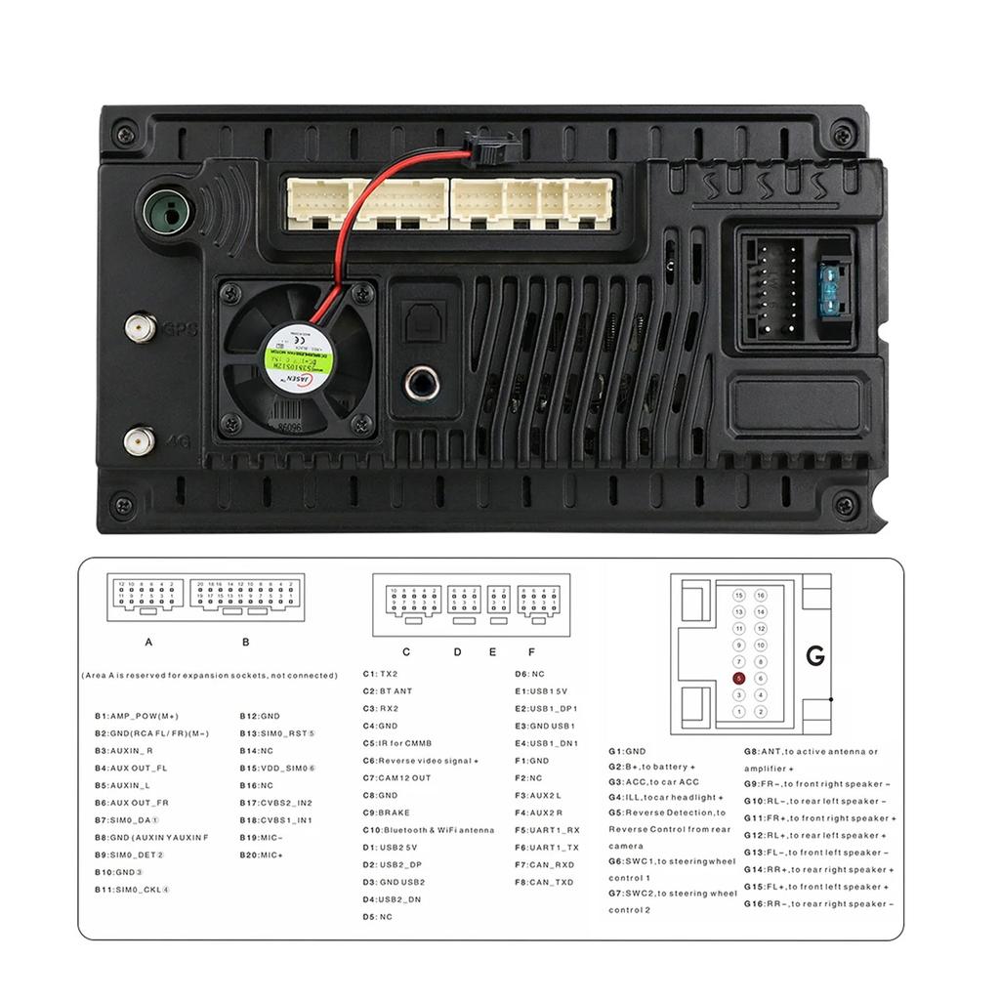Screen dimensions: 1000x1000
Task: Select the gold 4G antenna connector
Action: click(140, 440)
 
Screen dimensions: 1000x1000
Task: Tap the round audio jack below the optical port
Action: click(422, 382)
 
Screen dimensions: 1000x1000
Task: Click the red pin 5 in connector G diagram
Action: click(739, 678)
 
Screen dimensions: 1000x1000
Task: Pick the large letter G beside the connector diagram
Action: click(815, 656)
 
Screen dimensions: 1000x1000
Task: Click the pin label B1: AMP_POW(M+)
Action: click(137, 716)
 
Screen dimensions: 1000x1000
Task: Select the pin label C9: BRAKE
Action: click(387, 812)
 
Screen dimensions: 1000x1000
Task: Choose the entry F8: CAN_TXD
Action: click(545, 882)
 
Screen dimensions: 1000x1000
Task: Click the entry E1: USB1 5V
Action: click(541, 691)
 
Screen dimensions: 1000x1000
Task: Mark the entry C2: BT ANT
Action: click(388, 691)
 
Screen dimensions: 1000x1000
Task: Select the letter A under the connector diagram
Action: click(148, 642)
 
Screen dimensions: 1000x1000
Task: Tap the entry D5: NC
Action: click(377, 917)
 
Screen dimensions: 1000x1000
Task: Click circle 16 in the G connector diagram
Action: click(761, 595)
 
